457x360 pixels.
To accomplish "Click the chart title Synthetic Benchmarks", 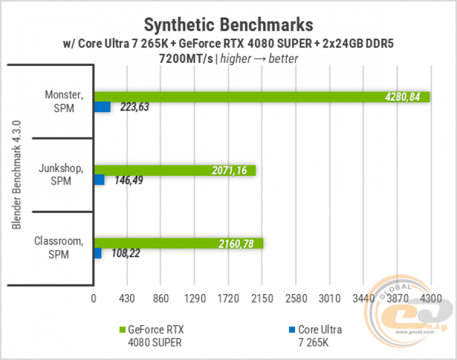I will tap(228, 25).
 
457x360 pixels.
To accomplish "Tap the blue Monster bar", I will tap(102, 107).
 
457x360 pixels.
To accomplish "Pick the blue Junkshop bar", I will tap(99, 179).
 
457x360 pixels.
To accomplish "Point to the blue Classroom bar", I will tap(98, 253).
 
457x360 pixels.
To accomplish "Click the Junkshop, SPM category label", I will tap(61, 175).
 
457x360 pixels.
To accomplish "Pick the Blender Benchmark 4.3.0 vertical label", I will tap(17, 174).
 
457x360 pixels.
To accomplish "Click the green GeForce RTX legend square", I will tap(123, 329).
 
